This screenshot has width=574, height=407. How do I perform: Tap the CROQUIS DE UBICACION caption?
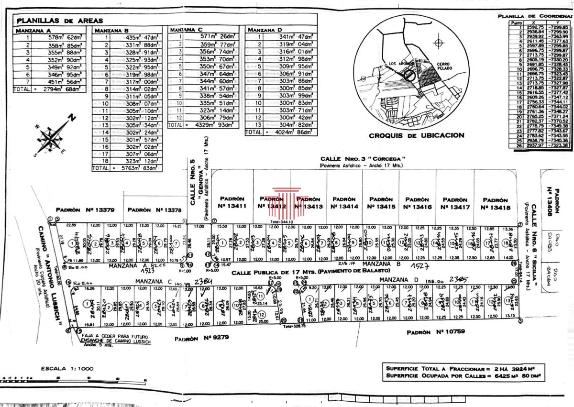(x=416, y=135)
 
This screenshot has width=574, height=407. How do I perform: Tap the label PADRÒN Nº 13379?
(x=85, y=209)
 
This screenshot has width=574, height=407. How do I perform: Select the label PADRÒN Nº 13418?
(x=497, y=204)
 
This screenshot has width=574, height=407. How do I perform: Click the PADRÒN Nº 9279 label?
(x=202, y=337)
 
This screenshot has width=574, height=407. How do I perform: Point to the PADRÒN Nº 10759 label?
(x=436, y=331)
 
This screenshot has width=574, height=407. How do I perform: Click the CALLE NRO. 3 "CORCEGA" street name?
(x=363, y=159)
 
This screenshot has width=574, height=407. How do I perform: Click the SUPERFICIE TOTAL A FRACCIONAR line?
(x=463, y=369)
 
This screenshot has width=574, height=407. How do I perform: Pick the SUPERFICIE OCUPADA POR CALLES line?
(x=463, y=376)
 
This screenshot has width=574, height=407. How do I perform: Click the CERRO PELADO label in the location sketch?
(x=444, y=67)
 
